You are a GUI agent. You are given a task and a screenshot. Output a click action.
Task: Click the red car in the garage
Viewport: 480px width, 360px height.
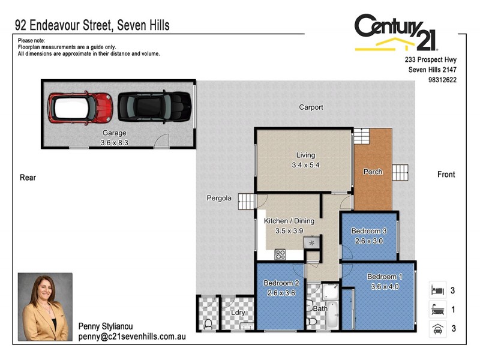pyautogui.click(x=80, y=107)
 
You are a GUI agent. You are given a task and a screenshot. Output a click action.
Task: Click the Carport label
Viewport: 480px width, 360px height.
pyautogui.click(x=311, y=107)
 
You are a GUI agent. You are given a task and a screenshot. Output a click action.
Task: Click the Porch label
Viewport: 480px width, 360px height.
pyautogui.click(x=373, y=172)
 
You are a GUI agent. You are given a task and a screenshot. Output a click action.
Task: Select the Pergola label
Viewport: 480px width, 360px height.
pyautogui.click(x=219, y=198)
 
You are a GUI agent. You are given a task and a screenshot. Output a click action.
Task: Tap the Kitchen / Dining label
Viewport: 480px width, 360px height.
pyautogui.click(x=289, y=221)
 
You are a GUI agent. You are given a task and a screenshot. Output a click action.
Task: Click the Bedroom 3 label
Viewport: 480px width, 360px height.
pyautogui.click(x=369, y=231)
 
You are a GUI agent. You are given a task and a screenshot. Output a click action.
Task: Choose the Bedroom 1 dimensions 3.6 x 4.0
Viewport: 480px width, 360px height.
pyautogui.click(x=384, y=286)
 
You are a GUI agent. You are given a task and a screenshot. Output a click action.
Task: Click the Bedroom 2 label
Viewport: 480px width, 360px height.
pyautogui.click(x=281, y=283)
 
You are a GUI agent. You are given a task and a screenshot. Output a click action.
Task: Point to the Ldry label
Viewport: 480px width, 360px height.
pyautogui.click(x=237, y=312)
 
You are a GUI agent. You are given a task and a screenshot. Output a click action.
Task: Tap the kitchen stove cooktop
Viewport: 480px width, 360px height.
pyautogui.click(x=280, y=254)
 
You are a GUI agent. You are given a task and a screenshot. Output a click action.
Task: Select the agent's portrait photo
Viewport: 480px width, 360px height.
pyautogui.click(x=45, y=307)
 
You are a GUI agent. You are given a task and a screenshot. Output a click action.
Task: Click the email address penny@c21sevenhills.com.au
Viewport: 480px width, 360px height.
pyautogui.click(x=132, y=337)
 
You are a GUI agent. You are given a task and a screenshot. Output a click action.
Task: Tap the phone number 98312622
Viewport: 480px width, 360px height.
pyautogui.click(x=442, y=79)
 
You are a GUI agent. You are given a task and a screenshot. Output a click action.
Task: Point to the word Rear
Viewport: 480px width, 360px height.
pyautogui.click(x=28, y=177)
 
